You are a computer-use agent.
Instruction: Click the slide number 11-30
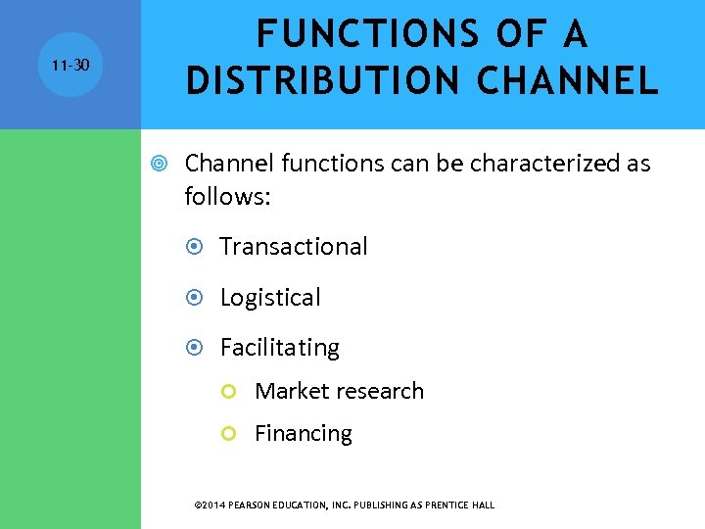(70, 65)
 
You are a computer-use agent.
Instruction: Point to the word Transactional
(294, 247)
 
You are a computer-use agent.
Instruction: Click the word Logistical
(270, 298)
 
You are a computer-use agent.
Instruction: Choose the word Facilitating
(280, 348)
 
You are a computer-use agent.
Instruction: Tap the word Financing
(304, 433)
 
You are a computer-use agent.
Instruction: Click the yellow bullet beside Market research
(230, 392)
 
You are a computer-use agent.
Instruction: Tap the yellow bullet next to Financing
(230, 434)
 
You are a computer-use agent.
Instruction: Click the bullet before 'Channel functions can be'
(162, 164)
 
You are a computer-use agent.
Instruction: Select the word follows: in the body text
(227, 197)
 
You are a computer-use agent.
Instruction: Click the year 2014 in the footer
(213, 505)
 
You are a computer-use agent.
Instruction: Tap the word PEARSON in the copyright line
(252, 505)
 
